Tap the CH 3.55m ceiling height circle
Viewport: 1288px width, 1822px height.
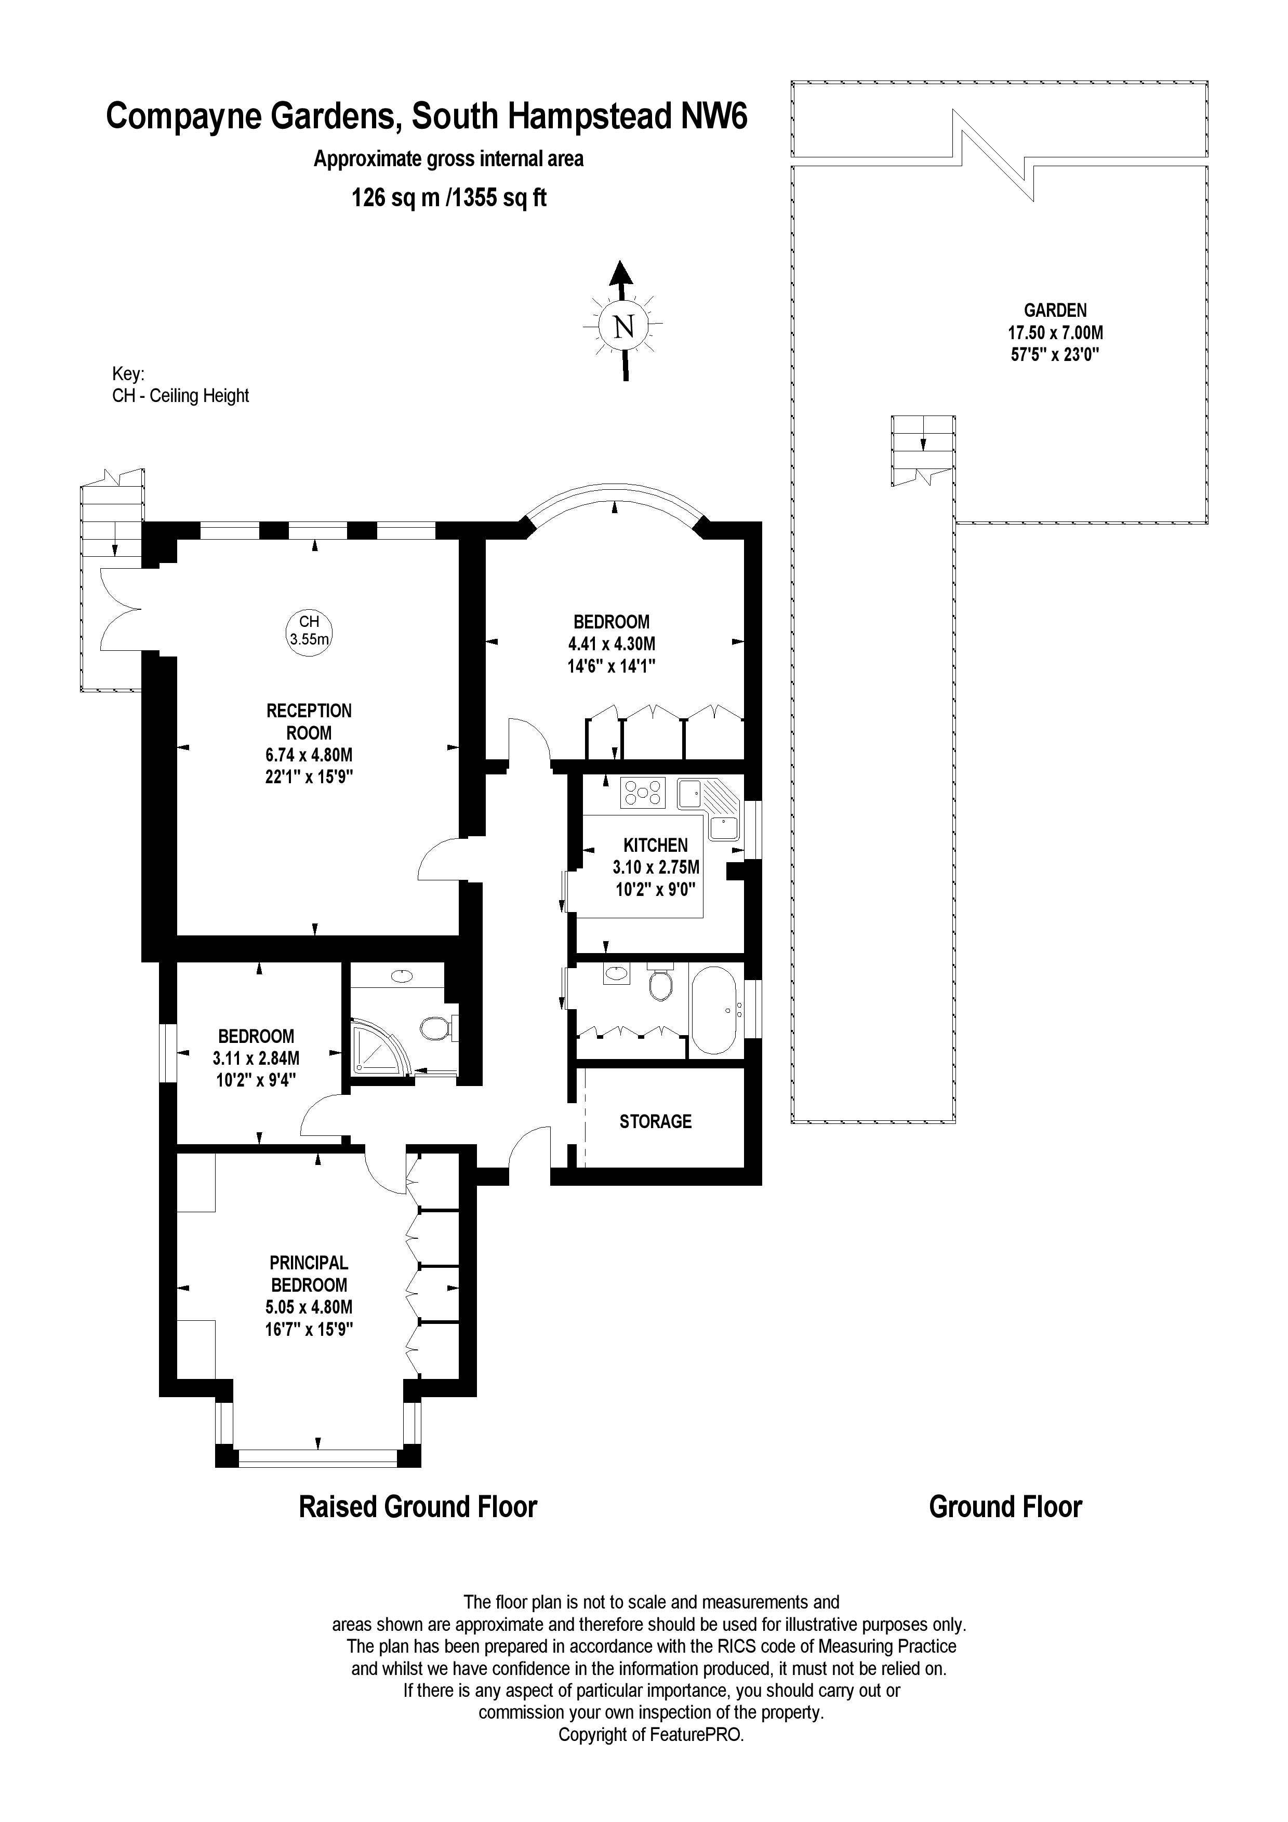coord(309,630)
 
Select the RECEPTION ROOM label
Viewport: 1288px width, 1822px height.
coord(309,721)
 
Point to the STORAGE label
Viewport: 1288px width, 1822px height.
coord(656,1121)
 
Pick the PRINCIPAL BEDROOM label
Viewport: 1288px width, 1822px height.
coord(309,1274)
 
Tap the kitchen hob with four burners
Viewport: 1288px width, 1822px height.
coord(643,793)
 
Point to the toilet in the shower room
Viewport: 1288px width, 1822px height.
coord(435,1028)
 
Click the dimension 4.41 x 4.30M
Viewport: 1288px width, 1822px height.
coord(611,645)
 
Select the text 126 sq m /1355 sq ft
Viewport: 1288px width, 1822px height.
coord(449,197)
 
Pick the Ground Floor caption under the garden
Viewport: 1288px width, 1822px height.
coord(1005,1506)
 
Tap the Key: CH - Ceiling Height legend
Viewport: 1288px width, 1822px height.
coord(180,385)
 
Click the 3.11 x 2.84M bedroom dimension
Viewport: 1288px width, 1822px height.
coord(256,1058)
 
